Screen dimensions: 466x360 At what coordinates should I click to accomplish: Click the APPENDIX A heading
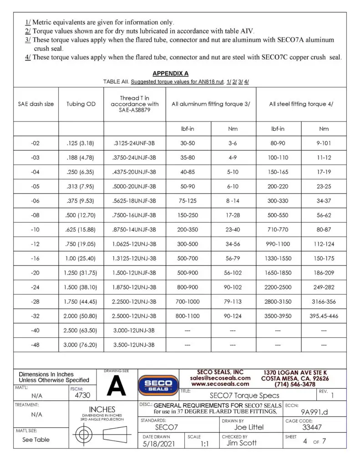point(170,73)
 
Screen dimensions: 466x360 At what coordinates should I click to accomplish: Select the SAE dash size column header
point(36,104)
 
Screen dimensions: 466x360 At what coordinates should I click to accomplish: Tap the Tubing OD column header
point(81,104)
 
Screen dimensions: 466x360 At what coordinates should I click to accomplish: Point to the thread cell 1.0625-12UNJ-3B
point(134,244)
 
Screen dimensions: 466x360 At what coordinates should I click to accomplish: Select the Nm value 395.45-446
point(324,316)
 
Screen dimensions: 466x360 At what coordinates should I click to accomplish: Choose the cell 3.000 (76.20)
point(81,345)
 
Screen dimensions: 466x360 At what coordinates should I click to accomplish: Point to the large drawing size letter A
point(116,386)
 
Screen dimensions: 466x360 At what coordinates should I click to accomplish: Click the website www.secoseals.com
point(220,384)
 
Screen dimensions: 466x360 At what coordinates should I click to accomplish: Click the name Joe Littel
point(248,427)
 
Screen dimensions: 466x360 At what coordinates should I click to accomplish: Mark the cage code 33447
point(312,427)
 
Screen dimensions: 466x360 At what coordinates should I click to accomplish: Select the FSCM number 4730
point(82,396)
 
